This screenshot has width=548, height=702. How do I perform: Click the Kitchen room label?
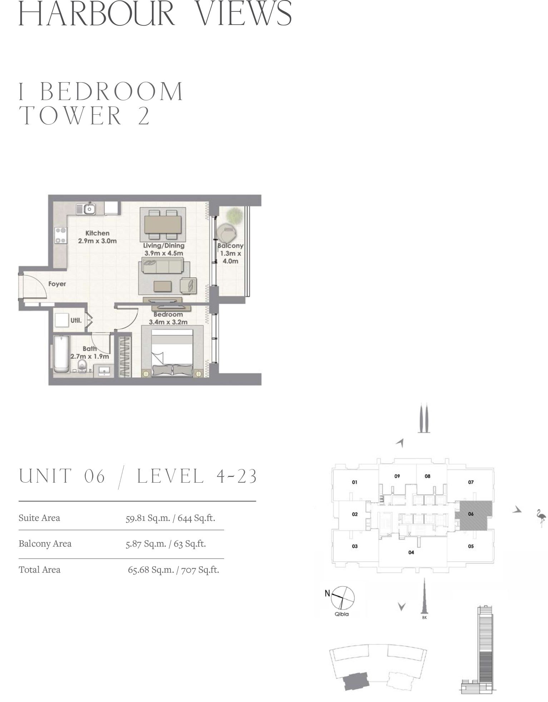pyautogui.click(x=97, y=233)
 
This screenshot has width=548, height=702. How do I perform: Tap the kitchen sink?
pyautogui.click(x=88, y=209)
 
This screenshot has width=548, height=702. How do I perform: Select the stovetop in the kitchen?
pyautogui.click(x=60, y=235)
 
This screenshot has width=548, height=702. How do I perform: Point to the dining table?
pyautogui.click(x=163, y=224)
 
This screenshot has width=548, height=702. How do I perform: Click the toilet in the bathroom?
pyautogui.click(x=83, y=366)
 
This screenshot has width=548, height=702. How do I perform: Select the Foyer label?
pyautogui.click(x=57, y=284)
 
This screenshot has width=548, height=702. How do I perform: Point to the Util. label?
pyautogui.click(x=76, y=320)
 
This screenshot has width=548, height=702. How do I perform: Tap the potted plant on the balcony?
pyautogui.click(x=235, y=215)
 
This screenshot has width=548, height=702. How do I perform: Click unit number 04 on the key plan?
pyautogui.click(x=411, y=552)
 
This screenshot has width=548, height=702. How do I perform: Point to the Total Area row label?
pyautogui.click(x=39, y=569)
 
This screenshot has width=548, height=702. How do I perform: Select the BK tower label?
pyautogui.click(x=424, y=618)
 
